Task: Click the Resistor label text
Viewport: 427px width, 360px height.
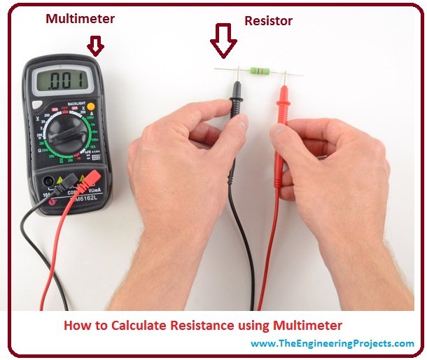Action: (268, 21)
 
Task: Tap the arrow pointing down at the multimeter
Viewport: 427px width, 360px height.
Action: (95, 47)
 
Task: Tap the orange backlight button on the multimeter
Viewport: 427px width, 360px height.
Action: (90, 106)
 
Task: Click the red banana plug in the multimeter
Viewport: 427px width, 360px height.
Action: (90, 184)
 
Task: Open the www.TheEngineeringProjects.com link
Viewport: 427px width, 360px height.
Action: (332, 343)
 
